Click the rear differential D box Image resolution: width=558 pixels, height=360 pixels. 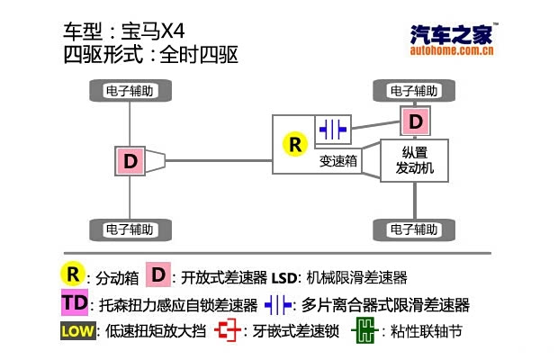click(x=130, y=162)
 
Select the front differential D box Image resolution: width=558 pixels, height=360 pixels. click(x=415, y=121)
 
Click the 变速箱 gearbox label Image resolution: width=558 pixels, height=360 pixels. click(x=337, y=162)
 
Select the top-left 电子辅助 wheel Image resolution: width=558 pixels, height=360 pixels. click(x=131, y=91)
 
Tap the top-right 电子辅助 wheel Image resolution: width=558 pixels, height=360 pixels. click(x=415, y=91)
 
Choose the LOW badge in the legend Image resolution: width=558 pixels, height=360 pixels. click(x=76, y=331)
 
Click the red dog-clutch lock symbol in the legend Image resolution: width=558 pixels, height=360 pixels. click(x=229, y=331)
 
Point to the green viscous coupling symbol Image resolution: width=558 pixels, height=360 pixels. click(x=364, y=331)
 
